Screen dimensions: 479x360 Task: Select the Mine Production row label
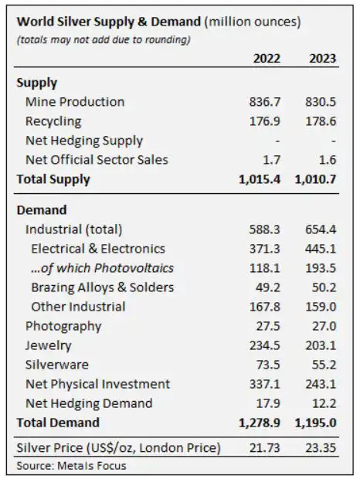pyautogui.click(x=74, y=102)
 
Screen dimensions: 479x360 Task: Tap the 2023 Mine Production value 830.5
pyautogui.click(x=322, y=102)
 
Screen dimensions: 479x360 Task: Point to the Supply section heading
pyautogui.click(x=36, y=83)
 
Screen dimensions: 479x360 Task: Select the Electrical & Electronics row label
pyautogui.click(x=98, y=248)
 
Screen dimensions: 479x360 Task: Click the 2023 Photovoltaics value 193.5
pyautogui.click(x=322, y=268)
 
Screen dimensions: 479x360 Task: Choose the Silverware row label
pyautogui.click(x=56, y=365)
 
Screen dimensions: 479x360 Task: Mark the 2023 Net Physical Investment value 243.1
pyautogui.click(x=322, y=384)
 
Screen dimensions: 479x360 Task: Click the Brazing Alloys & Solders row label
pyautogui.click(x=102, y=287)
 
